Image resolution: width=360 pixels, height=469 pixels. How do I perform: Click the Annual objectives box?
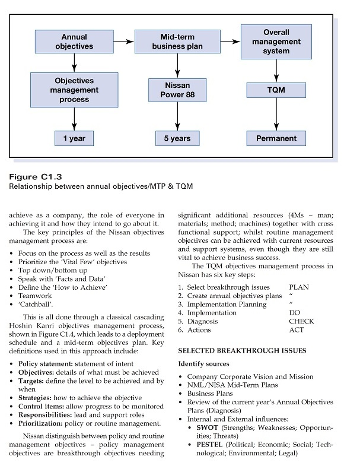[x=74, y=42]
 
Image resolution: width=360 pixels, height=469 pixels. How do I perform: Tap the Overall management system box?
[x=276, y=42]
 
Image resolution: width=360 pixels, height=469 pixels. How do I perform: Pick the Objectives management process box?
[x=74, y=90]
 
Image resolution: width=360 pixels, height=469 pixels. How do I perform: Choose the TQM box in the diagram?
[x=276, y=90]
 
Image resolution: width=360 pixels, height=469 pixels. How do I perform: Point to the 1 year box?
[x=74, y=138]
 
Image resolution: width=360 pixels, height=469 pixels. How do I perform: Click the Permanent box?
[x=276, y=138]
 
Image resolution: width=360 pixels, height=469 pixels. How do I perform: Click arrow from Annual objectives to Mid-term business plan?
[x=123, y=42]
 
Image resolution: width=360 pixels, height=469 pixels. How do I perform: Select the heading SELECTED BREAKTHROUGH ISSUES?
[x=242, y=351]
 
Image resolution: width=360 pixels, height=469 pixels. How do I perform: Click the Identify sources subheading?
[x=204, y=363]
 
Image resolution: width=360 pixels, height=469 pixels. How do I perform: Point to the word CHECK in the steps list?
[x=301, y=321]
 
